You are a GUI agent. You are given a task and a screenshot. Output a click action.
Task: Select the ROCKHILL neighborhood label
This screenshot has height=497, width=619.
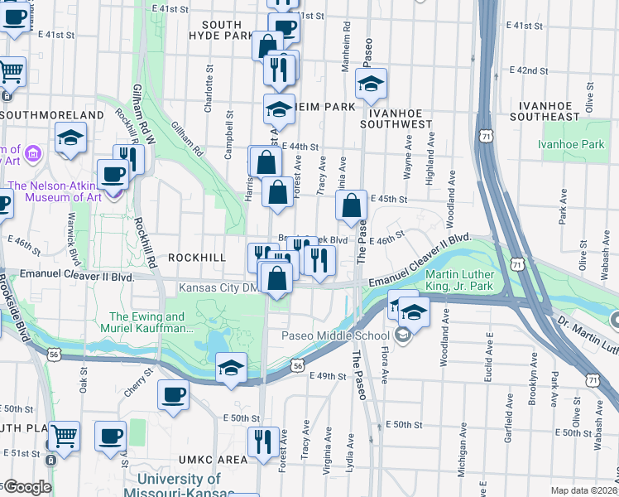coord(196,258)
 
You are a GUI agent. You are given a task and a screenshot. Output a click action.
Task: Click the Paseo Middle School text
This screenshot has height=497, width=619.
coord(335,335)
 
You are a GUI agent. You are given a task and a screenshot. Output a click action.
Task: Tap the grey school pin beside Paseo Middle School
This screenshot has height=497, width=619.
coord(402,335)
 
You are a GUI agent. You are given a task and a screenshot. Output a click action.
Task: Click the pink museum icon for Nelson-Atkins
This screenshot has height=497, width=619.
coord(33,152)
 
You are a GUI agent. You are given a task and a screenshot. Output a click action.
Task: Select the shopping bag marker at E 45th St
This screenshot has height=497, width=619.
coord(352,206)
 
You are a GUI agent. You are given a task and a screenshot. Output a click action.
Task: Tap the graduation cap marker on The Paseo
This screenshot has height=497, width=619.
coord(370,82)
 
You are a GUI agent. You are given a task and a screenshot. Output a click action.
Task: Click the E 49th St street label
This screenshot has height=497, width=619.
coord(326,376)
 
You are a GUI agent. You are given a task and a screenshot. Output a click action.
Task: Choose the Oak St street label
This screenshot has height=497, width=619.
coord(84,380)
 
